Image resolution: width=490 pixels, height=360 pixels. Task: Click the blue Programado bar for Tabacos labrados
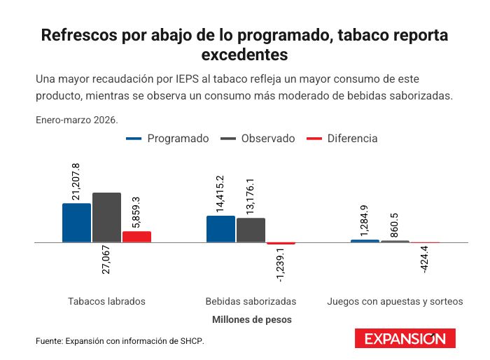(76, 223)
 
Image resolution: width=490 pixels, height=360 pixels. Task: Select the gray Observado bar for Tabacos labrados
(106, 217)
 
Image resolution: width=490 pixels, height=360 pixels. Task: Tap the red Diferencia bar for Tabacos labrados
(136, 237)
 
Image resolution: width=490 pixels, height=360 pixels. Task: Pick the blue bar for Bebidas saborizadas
(220, 229)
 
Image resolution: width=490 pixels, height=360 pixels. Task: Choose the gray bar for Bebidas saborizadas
(251, 230)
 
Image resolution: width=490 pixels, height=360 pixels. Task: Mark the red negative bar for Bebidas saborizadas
(281, 243)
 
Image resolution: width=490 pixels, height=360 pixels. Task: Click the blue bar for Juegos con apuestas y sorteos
(365, 241)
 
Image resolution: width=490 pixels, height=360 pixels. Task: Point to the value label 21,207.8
(76, 181)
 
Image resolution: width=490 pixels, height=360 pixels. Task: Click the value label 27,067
(106, 260)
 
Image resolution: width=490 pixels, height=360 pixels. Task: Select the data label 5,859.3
(136, 213)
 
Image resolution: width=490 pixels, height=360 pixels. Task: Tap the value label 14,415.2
(220, 194)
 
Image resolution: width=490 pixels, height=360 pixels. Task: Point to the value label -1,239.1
(281, 265)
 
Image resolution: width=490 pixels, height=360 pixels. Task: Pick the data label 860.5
(394, 226)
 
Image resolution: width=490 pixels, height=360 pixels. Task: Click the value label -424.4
(425, 260)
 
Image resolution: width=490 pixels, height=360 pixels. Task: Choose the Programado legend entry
(167, 138)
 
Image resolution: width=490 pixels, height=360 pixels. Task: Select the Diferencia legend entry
(342, 138)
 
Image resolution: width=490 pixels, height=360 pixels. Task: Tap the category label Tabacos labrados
(106, 301)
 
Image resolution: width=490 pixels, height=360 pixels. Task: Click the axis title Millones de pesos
(252, 319)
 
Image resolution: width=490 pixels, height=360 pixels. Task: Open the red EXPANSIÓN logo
(405, 338)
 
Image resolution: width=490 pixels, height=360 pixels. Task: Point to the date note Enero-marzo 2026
(77, 120)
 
